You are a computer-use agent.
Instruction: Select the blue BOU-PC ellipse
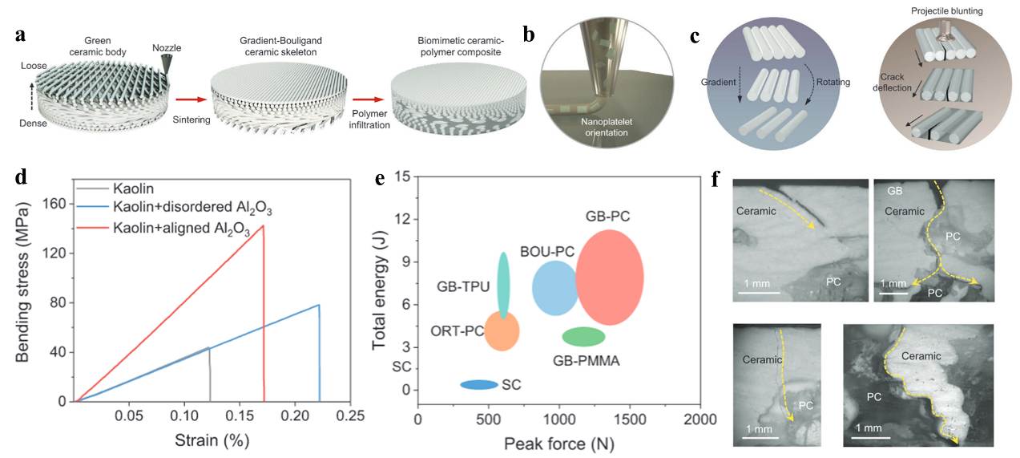point(554,288)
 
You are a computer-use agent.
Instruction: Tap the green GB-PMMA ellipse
point(583,336)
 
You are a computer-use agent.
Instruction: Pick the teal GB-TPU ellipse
point(503,285)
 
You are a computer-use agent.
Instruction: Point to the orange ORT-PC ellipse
point(502,331)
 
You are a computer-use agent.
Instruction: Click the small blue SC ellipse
point(479,384)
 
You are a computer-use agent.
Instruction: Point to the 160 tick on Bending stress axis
point(75,205)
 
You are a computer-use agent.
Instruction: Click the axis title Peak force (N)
point(559,442)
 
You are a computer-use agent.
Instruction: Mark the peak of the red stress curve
point(263,226)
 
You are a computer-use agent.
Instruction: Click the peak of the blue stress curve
point(319,305)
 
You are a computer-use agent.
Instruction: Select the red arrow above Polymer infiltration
point(367,101)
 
